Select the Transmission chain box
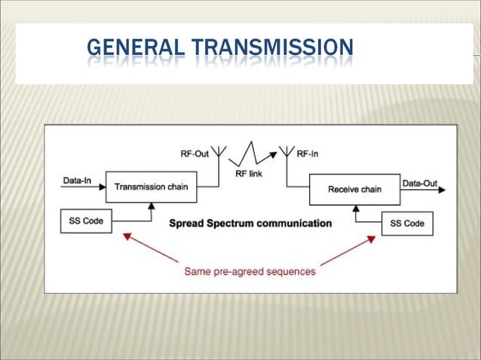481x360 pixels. coord(152,187)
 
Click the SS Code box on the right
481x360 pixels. coord(407,224)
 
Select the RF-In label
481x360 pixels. coord(308,153)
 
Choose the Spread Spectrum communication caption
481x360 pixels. coord(250,223)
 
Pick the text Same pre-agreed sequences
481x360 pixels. coord(250,271)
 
